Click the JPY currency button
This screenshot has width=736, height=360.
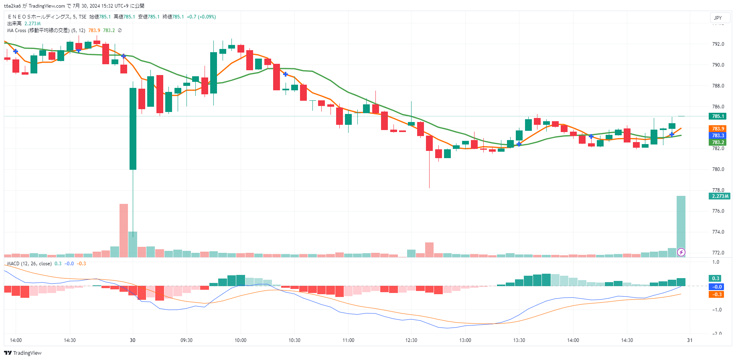718,18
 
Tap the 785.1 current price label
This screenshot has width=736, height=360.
718,116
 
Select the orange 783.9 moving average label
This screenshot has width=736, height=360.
718,129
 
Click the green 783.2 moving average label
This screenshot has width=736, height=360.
718,142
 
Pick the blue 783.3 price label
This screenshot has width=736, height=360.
718,136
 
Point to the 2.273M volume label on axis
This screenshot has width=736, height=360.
720,196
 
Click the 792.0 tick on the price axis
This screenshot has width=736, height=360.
718,44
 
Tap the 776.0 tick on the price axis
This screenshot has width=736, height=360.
718,211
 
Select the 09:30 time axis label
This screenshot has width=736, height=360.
187,340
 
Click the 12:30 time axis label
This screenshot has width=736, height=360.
411,340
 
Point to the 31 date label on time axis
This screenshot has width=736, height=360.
689,340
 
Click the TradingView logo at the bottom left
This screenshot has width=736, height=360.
23,353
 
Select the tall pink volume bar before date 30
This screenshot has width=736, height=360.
124,231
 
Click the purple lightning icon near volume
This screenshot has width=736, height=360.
681,252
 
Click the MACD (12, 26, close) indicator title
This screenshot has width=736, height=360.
29,264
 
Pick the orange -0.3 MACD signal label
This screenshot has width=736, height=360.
717,295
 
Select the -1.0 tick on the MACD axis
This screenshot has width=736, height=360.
717,310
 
